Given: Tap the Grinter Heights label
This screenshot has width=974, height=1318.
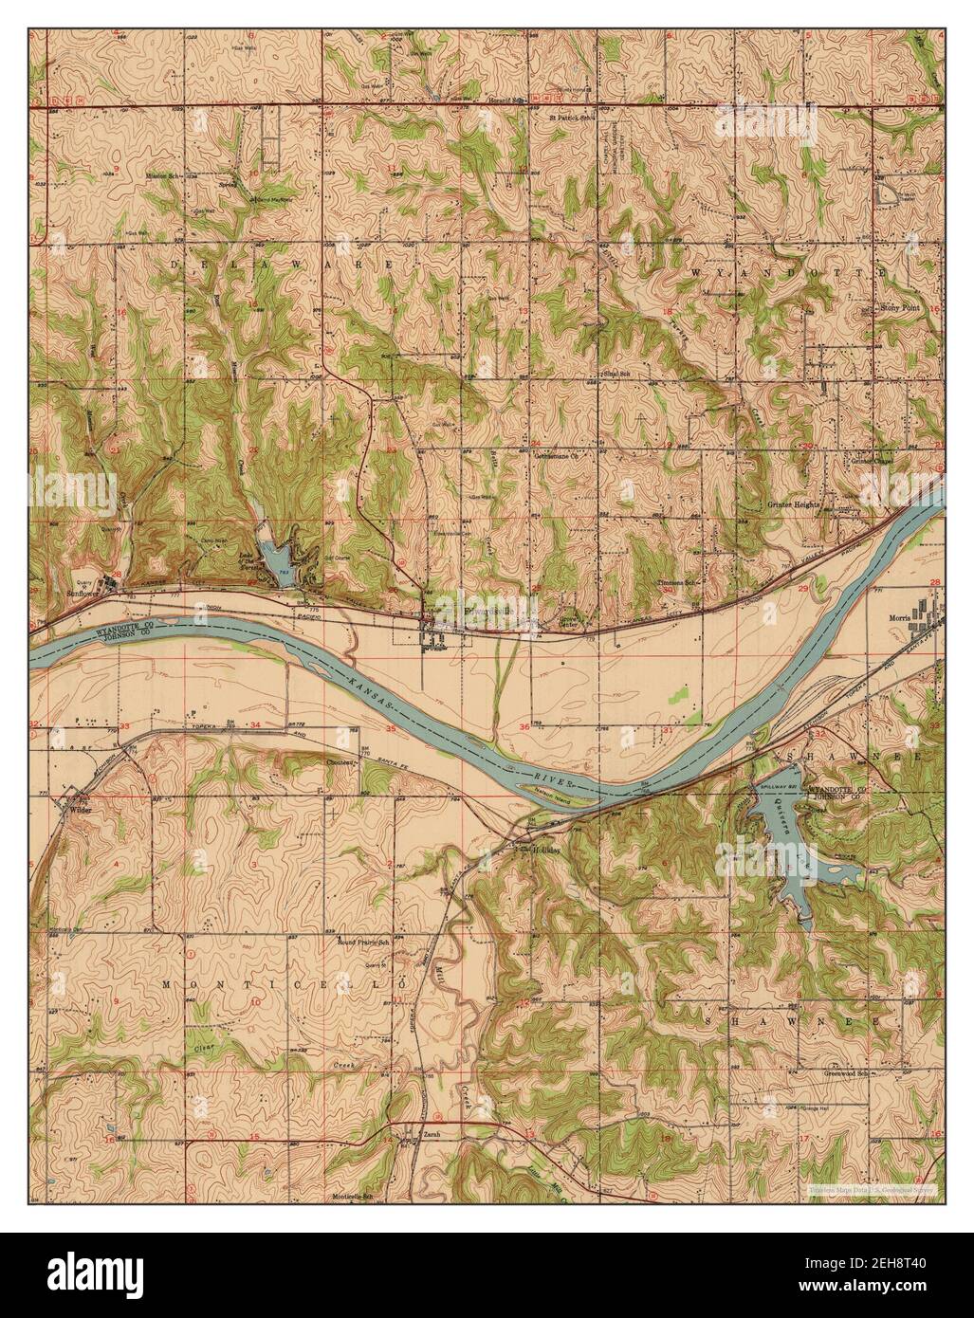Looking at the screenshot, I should (x=794, y=505).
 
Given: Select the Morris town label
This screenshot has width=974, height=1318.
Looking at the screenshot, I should (x=894, y=614).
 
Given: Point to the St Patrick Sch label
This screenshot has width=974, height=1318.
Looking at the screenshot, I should (x=572, y=119).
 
